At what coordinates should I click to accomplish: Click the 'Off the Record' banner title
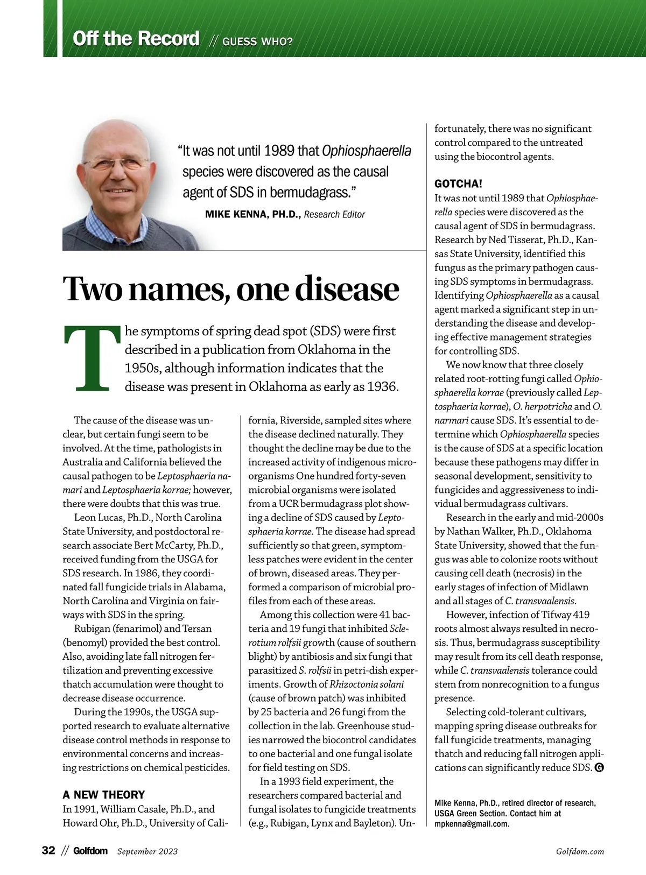(x=136, y=39)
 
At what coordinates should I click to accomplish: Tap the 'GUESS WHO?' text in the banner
(x=257, y=41)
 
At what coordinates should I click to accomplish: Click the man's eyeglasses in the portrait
(x=116, y=163)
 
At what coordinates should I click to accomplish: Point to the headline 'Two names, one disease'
(x=231, y=288)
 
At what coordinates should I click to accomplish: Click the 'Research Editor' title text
(x=334, y=214)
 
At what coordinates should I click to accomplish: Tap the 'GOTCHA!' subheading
(x=458, y=184)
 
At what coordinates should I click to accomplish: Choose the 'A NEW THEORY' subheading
(x=104, y=795)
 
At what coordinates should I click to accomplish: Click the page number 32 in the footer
(x=48, y=850)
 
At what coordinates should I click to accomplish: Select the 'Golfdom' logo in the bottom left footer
(x=90, y=851)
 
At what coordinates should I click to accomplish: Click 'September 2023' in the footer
(x=148, y=851)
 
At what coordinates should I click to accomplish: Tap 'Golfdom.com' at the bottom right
(x=580, y=851)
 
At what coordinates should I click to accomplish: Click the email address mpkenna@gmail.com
(x=472, y=823)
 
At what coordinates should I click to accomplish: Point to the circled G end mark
(x=599, y=768)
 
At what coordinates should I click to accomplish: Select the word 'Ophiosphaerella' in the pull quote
(x=366, y=151)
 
